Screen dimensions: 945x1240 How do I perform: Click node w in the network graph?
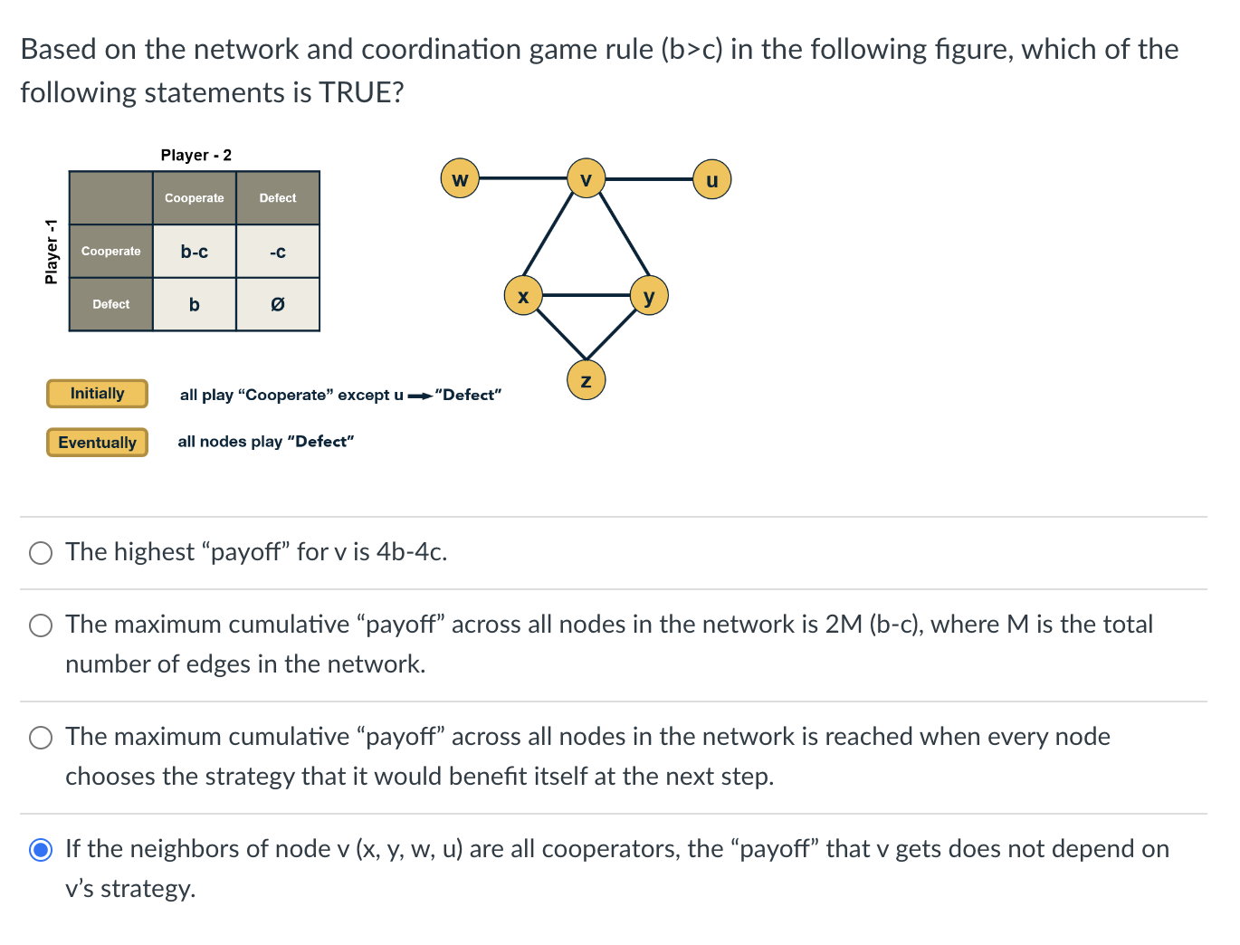pos(460,178)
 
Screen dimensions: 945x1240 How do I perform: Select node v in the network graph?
pos(586,178)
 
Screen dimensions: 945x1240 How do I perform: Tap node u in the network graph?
pos(711,179)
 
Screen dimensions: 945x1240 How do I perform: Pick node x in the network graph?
pos(522,296)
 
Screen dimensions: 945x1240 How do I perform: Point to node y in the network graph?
pos(649,296)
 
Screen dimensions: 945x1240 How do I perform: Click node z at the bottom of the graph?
pos(586,380)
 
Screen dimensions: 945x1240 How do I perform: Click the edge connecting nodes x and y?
pos(586,295)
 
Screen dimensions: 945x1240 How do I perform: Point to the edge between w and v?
pos(522,178)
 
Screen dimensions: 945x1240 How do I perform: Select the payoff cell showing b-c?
pos(194,252)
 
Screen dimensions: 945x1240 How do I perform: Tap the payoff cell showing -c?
pos(278,252)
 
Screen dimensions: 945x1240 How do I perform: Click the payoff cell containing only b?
pos(194,304)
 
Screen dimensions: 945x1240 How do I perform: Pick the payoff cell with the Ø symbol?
pos(278,304)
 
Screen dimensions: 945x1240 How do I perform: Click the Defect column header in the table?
pos(278,198)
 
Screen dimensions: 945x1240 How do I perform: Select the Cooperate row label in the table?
pos(110,252)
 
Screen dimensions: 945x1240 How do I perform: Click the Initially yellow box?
pos(97,394)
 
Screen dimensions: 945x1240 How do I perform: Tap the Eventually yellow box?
pos(97,443)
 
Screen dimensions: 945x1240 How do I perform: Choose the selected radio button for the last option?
pos(41,850)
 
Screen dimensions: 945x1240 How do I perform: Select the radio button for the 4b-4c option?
pos(41,553)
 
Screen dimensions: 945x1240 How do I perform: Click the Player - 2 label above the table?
pos(196,156)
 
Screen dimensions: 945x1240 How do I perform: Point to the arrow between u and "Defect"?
pos(419,396)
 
